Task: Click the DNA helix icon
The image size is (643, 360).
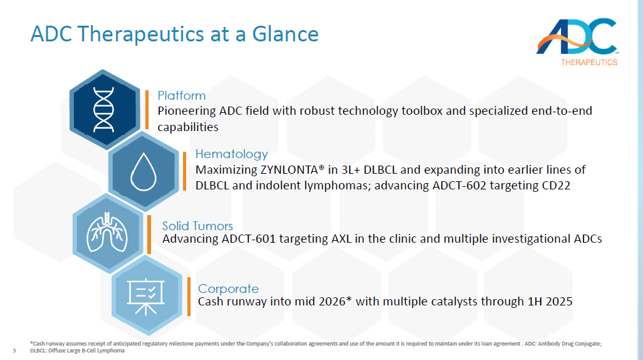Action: [x=104, y=110]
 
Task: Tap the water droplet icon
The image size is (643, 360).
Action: [x=144, y=172]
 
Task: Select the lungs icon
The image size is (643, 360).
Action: [x=107, y=232]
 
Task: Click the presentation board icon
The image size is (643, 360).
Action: [x=146, y=297]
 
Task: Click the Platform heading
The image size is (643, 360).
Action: [x=182, y=95]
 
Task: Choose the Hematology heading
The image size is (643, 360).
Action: [x=231, y=154]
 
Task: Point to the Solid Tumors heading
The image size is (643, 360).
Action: [x=197, y=226]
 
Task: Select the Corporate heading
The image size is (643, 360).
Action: [x=228, y=289]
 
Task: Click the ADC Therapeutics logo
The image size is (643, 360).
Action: [x=577, y=41]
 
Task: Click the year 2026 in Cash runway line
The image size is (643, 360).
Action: [x=332, y=302]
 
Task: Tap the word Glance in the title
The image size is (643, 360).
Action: [x=285, y=34]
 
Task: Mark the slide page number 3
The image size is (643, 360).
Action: [x=14, y=351]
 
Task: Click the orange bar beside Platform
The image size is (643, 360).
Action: [x=147, y=110]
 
